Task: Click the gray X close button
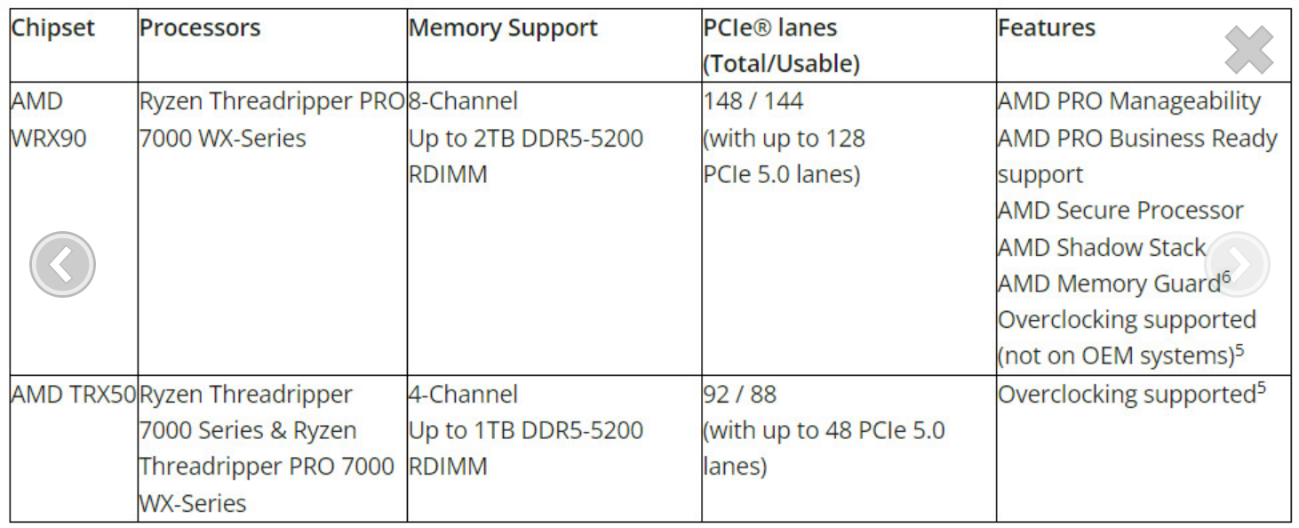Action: click(x=1248, y=50)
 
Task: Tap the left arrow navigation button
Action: click(x=62, y=264)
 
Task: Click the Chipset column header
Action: click(x=52, y=28)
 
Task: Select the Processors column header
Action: click(x=200, y=28)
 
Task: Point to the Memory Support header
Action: click(x=503, y=28)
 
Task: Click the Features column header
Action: click(x=1046, y=28)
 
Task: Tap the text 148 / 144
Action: click(x=753, y=101)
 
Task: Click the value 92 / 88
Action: click(x=739, y=394)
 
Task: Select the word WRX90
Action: click(x=48, y=139)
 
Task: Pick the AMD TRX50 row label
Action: click(x=73, y=394)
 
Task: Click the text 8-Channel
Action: click(x=463, y=101)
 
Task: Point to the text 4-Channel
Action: click(x=463, y=394)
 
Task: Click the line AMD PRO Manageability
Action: click(x=1128, y=101)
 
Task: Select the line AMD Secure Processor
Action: click(x=1120, y=211)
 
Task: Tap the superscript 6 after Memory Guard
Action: click(x=1226, y=276)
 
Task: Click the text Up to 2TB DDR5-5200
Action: click(x=525, y=139)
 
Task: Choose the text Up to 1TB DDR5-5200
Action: click(x=525, y=431)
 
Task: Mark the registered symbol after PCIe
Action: click(x=763, y=28)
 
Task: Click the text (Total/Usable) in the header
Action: click(x=781, y=64)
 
